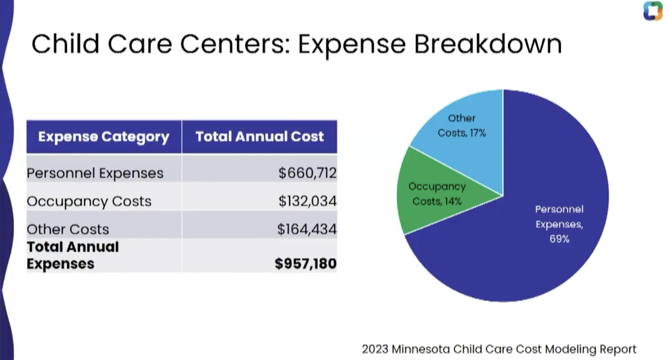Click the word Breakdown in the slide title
(488, 44)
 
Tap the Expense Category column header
(104, 137)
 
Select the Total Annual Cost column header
(260, 137)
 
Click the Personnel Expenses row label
(95, 173)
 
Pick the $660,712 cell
(307, 173)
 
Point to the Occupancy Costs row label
(89, 202)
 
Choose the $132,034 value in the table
(307, 201)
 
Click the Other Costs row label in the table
(68, 230)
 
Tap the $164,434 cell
(307, 229)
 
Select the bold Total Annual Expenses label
(73, 255)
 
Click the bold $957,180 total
(306, 263)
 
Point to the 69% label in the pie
(559, 239)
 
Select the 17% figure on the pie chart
(478, 133)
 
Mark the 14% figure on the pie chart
(453, 202)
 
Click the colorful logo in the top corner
(653, 11)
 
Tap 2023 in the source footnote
(375, 349)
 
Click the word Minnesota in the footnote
(421, 349)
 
